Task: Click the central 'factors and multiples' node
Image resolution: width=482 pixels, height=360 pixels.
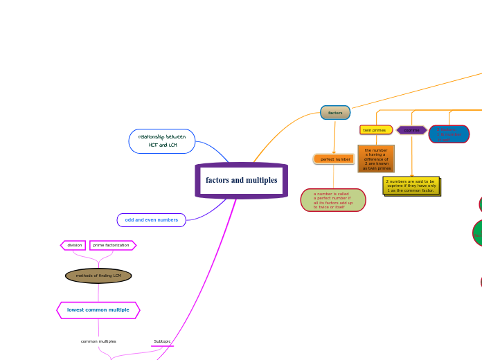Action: tap(241, 181)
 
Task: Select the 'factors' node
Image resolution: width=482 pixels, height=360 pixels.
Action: tap(335, 112)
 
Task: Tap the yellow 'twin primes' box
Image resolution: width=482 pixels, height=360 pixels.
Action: tap(375, 130)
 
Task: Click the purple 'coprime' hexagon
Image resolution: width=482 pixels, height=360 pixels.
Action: tap(411, 130)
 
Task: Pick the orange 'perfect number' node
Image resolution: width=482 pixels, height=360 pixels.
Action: tap(334, 159)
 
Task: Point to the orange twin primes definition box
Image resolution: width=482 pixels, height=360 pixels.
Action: tap(376, 159)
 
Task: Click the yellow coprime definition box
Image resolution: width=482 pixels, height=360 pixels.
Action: tap(411, 186)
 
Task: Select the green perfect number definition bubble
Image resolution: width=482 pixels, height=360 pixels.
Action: tap(333, 200)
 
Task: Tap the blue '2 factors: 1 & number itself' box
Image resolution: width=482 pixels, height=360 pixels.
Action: tap(449, 134)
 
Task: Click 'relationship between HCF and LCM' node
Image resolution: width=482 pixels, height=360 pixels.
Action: tap(162, 141)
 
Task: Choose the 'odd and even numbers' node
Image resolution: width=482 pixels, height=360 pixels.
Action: tap(151, 220)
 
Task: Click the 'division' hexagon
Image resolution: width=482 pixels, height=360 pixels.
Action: tap(74, 245)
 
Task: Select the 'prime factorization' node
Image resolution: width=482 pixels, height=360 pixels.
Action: tap(111, 245)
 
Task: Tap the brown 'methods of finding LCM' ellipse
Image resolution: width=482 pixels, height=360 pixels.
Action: tap(98, 276)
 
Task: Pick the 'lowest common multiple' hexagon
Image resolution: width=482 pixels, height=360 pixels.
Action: tap(98, 310)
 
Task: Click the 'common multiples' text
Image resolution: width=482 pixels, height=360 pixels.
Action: tap(98, 341)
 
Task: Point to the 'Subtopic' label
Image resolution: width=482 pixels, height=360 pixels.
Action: tap(162, 341)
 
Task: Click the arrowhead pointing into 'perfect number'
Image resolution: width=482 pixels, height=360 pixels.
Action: tap(334, 152)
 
